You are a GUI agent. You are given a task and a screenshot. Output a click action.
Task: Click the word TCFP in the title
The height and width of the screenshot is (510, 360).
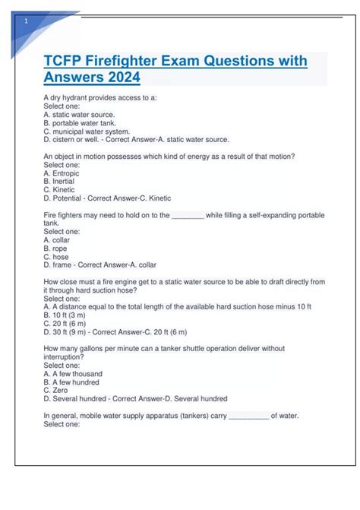pyautogui.click(x=65, y=62)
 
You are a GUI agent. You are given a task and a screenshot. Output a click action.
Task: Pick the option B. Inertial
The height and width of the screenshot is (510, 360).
pyautogui.click(x=60, y=182)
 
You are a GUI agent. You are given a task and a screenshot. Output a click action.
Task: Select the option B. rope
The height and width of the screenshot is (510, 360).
pyautogui.click(x=56, y=249)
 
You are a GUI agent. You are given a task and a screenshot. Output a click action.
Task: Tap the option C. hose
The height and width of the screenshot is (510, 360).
pyautogui.click(x=57, y=257)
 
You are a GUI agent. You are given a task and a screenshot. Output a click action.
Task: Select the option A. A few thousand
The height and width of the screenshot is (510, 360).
pyautogui.click(x=73, y=374)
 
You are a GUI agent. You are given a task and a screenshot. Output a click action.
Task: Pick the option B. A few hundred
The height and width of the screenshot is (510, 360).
pyautogui.click(x=73, y=382)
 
